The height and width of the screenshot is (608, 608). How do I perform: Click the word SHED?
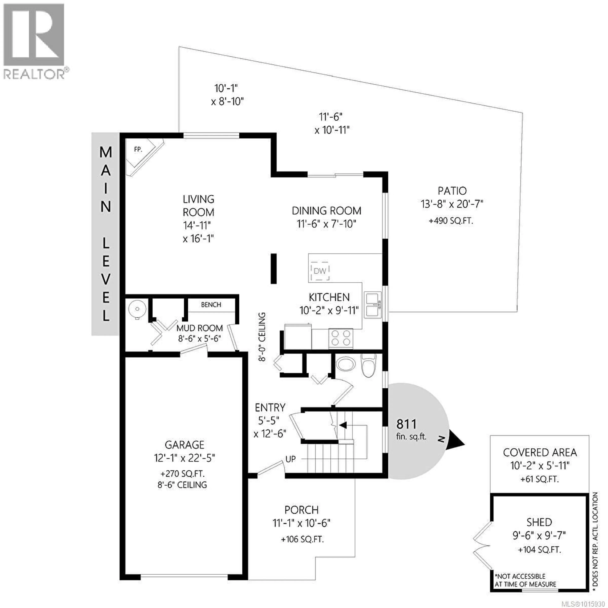[539, 522]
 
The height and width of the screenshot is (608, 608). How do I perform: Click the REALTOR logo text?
[34, 74]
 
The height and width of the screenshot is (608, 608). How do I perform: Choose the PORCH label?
[301, 510]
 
